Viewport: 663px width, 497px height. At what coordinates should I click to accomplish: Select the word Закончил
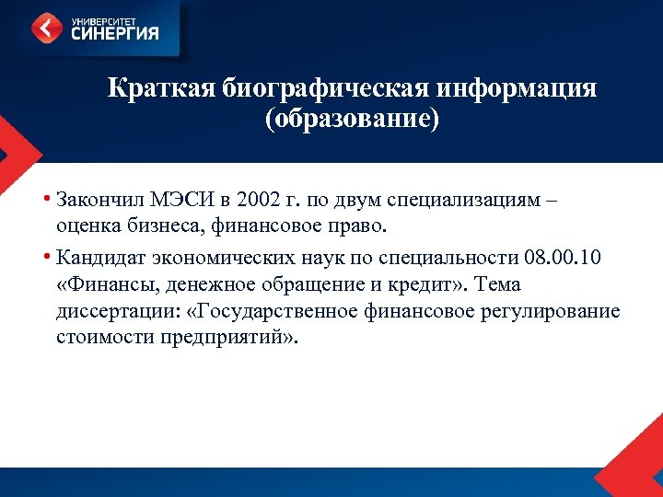click(x=97, y=199)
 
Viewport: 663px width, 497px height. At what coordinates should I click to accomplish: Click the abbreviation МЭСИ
click(x=177, y=199)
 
